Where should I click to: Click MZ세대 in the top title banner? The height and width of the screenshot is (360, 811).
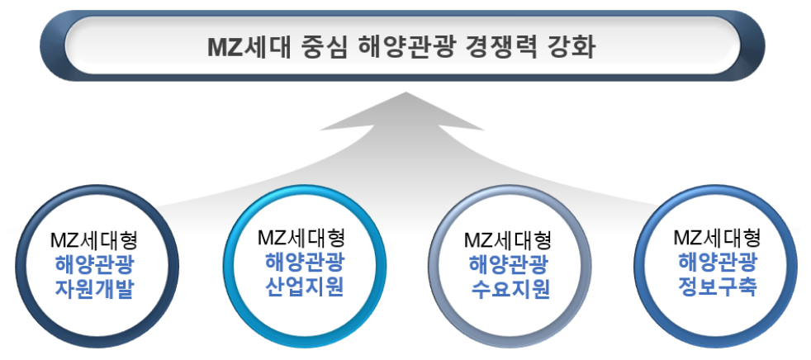point(246,48)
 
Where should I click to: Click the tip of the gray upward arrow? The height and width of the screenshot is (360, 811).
point(406,92)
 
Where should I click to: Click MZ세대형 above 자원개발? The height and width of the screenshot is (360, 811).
point(94,242)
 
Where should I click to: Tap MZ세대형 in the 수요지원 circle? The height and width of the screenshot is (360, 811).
point(508,241)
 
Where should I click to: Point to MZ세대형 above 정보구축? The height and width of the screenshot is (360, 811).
point(718,239)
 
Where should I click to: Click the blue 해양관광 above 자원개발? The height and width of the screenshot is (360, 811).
point(95,265)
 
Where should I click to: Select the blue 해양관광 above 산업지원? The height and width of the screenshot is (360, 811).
point(304,262)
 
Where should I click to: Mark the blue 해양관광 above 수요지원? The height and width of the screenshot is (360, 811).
point(510,265)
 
